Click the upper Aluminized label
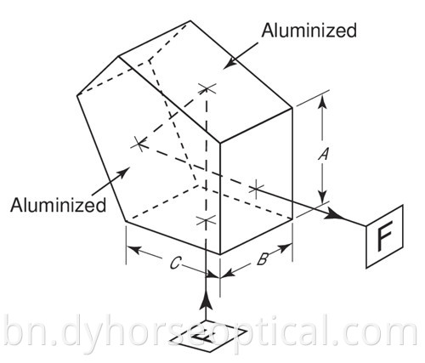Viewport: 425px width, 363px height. (309, 31)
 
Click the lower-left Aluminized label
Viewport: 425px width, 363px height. (58, 205)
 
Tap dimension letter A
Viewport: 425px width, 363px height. (323, 154)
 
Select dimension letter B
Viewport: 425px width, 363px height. (262, 259)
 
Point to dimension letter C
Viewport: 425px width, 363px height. (174, 264)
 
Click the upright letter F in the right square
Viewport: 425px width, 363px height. (385, 236)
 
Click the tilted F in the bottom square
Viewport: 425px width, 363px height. (206, 337)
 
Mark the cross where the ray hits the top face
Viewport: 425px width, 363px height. (207, 88)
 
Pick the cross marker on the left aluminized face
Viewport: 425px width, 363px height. (139, 145)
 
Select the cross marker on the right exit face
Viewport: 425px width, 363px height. (256, 188)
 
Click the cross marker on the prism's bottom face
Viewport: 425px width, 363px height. (206, 220)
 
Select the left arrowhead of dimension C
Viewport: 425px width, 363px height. (134, 250)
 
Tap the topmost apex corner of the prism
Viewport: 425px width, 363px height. (190, 20)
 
